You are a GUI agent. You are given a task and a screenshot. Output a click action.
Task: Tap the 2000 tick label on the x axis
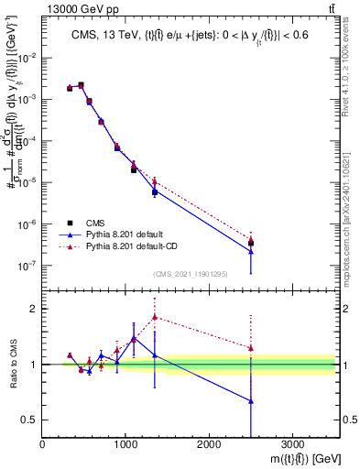click(x=209, y=444)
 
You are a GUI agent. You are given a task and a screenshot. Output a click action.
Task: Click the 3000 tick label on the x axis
click(x=292, y=444)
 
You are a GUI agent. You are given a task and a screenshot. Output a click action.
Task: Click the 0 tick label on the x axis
click(x=43, y=444)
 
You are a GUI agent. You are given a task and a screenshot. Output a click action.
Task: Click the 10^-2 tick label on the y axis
click(x=27, y=58)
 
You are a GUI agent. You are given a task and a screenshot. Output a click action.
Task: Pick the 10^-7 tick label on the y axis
click(x=27, y=266)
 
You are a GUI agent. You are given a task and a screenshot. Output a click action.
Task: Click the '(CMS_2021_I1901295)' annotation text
click(x=191, y=274)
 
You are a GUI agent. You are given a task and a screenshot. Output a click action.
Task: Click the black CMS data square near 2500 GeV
click(x=251, y=243)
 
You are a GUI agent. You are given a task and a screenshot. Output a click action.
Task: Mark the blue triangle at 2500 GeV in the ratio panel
click(x=251, y=401)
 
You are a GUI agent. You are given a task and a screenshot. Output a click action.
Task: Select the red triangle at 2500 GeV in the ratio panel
click(x=251, y=348)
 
